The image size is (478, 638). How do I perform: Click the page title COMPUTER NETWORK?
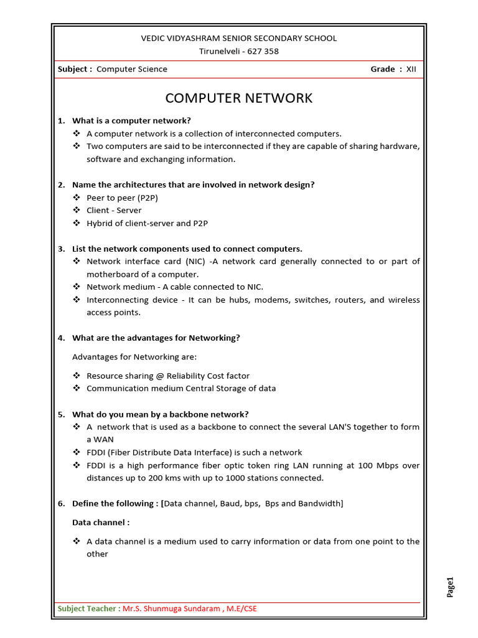(238, 98)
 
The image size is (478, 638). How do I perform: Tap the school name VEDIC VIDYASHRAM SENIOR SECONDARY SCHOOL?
(239, 39)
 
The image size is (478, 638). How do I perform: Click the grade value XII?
(411, 69)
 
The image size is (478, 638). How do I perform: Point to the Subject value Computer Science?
(132, 69)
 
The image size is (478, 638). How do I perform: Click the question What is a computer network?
(131, 121)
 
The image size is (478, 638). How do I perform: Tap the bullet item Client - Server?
(114, 211)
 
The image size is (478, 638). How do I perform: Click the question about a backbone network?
(160, 414)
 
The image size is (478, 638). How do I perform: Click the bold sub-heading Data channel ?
(101, 523)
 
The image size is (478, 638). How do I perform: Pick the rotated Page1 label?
(451, 588)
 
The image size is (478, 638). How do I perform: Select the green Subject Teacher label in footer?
(88, 609)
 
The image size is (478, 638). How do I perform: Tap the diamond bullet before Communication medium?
(77, 388)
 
